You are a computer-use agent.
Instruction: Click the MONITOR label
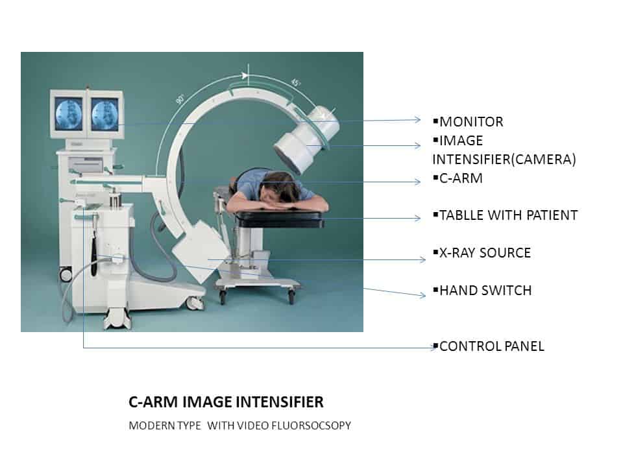pyautogui.click(x=471, y=122)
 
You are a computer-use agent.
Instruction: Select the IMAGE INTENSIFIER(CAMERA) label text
pyautogui.click(x=504, y=150)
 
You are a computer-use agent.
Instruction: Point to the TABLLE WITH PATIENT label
pyautogui.click(x=508, y=215)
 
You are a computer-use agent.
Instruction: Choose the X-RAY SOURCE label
pyautogui.click(x=485, y=253)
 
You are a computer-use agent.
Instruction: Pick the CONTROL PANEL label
pyautogui.click(x=491, y=346)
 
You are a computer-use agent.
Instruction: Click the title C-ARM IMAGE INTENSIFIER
pyautogui.click(x=226, y=402)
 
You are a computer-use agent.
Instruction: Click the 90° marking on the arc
pyautogui.click(x=180, y=100)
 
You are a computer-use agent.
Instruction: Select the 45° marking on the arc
pyautogui.click(x=295, y=83)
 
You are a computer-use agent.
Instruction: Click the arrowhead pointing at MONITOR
pyautogui.click(x=418, y=119)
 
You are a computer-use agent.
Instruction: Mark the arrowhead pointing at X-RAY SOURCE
pyautogui.click(x=422, y=260)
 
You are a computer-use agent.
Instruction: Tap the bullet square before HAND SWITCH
pyautogui.click(x=435, y=291)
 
